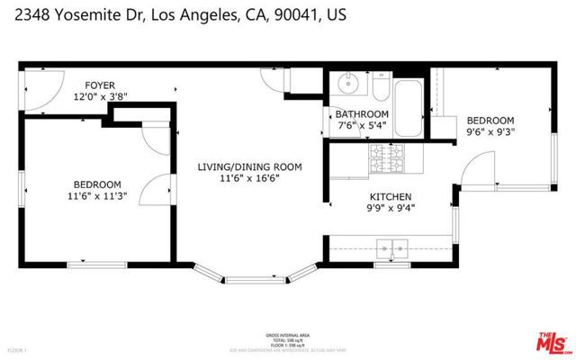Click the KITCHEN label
click(x=391, y=196)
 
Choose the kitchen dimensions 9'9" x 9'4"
click(x=391, y=209)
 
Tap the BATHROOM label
click(x=362, y=114)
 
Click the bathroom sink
click(x=347, y=85)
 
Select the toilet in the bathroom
click(x=380, y=87)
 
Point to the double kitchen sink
click(x=391, y=245)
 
